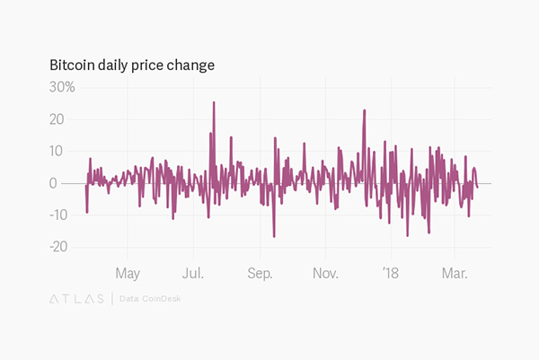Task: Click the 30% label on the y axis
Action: click(62, 87)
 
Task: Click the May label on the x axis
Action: click(128, 272)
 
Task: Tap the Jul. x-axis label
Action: click(193, 272)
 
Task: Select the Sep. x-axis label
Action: click(260, 272)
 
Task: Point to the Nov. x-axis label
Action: click(326, 272)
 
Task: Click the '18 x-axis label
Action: click(390, 272)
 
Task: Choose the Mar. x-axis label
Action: click(455, 272)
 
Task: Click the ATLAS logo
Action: click(75, 298)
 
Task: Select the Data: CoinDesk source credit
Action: click(149, 298)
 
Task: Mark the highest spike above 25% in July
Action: click(214, 102)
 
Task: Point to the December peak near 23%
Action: click(365, 110)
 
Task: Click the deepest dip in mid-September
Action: click(274, 236)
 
